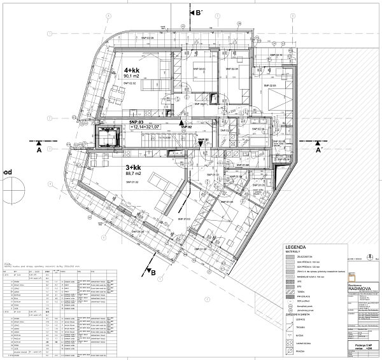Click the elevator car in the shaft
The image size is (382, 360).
(106, 136)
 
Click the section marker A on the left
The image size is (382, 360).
(39, 151)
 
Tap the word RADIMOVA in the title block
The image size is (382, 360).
(362, 288)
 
